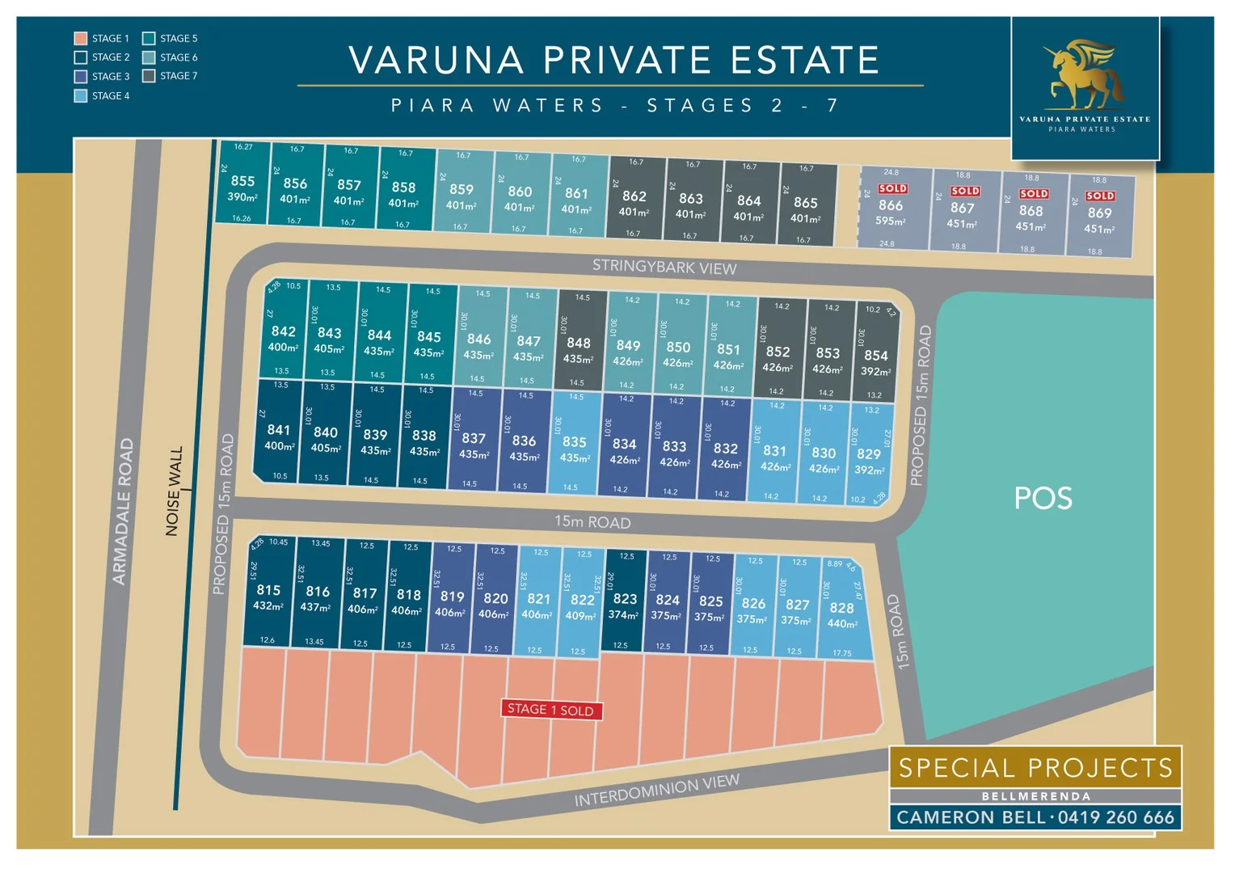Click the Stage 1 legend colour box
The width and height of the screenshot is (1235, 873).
80,38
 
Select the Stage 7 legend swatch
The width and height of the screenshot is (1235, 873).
149,76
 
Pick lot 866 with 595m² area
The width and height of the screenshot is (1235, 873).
891,210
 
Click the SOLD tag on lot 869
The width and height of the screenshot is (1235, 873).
1099,196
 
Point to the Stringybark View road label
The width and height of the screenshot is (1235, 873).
664,267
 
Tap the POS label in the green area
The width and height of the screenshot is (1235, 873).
1043,498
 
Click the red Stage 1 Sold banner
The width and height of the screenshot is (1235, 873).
550,710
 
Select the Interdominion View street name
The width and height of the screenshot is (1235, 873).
656,790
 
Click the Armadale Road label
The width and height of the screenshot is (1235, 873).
122,511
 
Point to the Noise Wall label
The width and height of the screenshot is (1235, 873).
174,491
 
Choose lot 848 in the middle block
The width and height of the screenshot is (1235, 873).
579,349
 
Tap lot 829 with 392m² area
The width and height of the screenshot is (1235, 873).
869,460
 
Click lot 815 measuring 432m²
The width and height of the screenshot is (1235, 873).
268,596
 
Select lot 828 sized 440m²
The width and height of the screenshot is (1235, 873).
841,614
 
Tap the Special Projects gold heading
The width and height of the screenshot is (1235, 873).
1035,767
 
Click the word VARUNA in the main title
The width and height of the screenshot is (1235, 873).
436,60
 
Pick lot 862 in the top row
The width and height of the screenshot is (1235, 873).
634,202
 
